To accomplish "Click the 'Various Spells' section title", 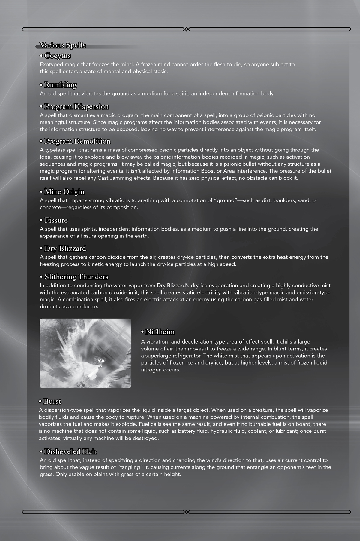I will tap(63, 45).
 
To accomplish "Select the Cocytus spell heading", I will tap(58, 56).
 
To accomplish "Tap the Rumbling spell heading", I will tap(60, 85).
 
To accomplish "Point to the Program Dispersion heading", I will tap(76, 107).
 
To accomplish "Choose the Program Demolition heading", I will tap(77, 141).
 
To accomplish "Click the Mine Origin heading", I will tap(64, 192).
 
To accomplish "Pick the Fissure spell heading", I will tap(56, 220).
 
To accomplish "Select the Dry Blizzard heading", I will tap(65, 249).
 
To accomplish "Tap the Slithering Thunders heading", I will tap(76, 277).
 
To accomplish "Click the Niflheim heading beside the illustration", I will tap(160, 332).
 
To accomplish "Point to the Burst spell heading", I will tap(52, 402).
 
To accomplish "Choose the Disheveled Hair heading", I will tap(70, 452).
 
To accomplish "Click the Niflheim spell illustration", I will tap(85, 353).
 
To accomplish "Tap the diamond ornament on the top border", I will tap(186, 29).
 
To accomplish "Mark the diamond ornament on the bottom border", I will tap(186, 512).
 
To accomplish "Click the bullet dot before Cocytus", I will tap(41, 56).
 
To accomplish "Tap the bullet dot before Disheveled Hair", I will tap(41, 452).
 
